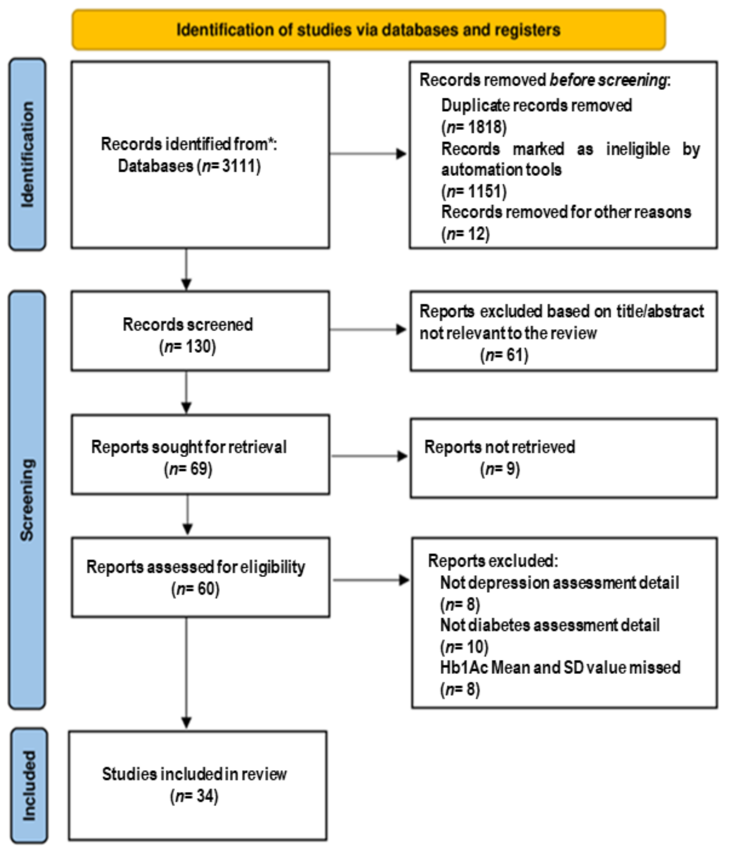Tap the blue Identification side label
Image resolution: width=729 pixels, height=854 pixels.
tap(27, 154)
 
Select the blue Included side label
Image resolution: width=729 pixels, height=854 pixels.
tap(29, 786)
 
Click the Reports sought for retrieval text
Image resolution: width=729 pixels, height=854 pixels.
tap(189, 447)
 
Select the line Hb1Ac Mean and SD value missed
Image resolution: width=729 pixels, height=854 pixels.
tap(559, 667)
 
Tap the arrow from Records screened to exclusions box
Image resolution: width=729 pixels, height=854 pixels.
tap(368, 329)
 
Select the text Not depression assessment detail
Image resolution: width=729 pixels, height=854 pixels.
tap(559, 583)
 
